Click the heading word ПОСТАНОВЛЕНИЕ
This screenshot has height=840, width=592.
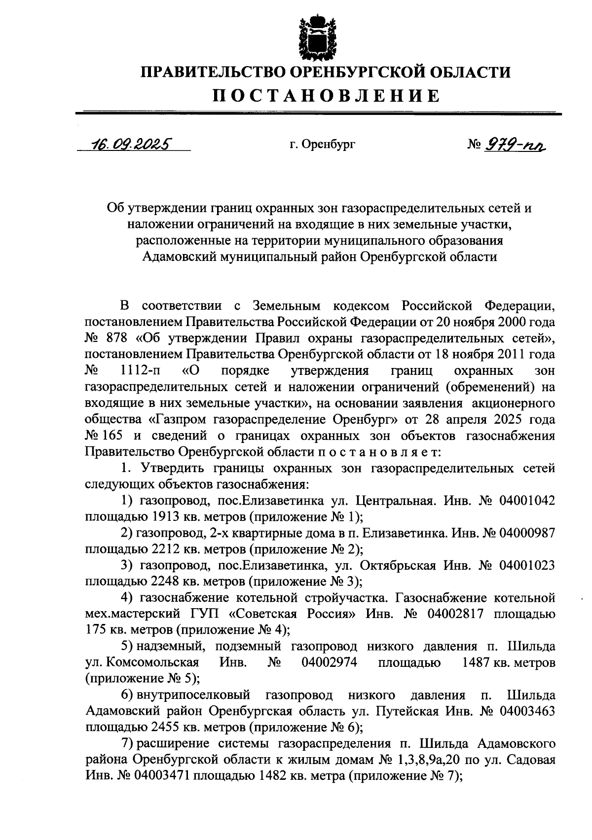(x=326, y=96)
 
